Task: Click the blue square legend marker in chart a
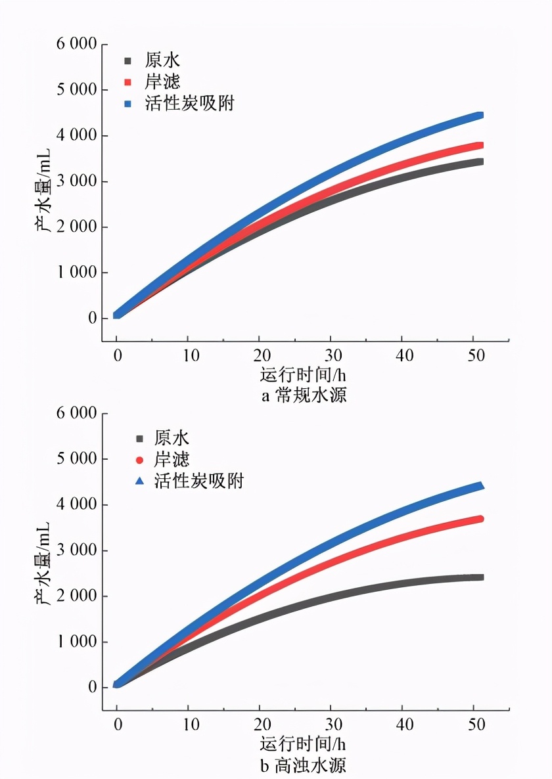click(x=129, y=104)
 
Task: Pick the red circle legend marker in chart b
click(x=139, y=460)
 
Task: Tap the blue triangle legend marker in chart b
click(x=139, y=481)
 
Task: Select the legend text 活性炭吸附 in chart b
click(x=198, y=481)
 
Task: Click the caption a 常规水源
click(x=304, y=396)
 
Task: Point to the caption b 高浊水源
click(x=304, y=765)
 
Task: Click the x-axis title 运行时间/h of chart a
click(x=303, y=376)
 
